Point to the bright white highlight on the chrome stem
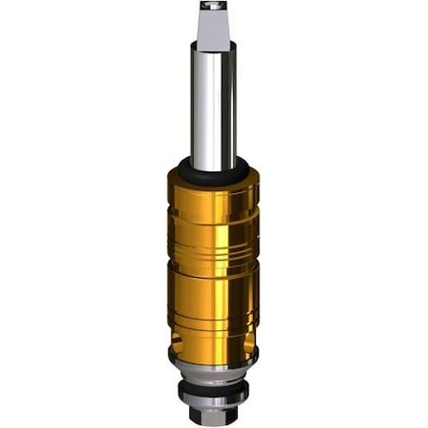pos(201,105)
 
